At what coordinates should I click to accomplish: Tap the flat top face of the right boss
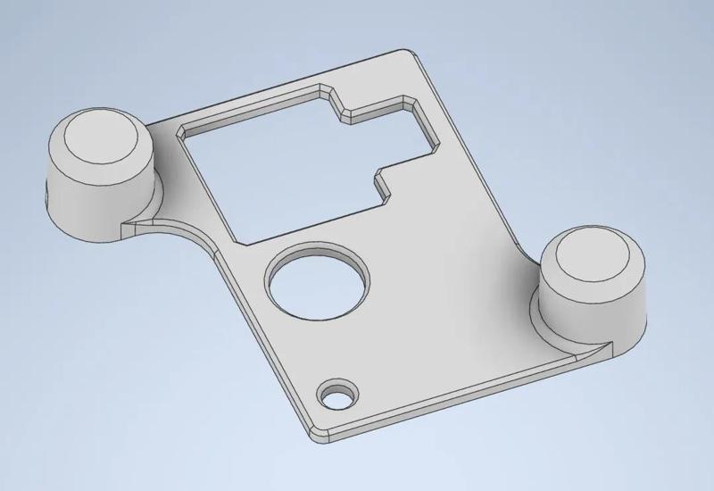593,259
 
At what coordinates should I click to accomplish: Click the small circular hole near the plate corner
337,394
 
